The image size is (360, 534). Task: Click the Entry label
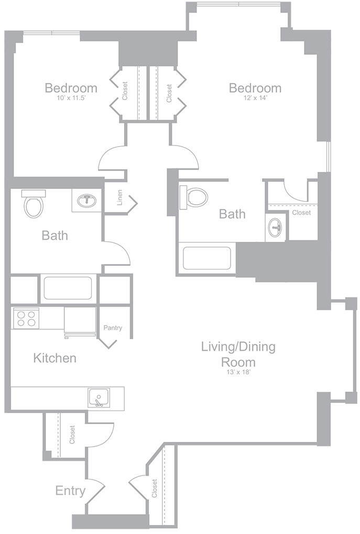click(70, 491)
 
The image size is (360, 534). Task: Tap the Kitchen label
click(55, 358)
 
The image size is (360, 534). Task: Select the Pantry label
click(113, 328)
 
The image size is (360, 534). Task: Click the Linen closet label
click(119, 197)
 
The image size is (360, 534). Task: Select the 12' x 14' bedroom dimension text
click(255, 98)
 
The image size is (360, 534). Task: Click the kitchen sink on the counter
click(98, 398)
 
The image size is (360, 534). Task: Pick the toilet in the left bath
click(34, 205)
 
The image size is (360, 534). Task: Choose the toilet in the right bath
click(197, 197)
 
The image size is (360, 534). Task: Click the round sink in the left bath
click(86, 201)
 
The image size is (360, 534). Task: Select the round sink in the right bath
click(275, 227)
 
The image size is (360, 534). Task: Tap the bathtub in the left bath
click(68, 288)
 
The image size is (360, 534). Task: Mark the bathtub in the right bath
click(206, 258)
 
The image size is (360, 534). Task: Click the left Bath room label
click(55, 236)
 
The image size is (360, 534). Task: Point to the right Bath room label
click(232, 214)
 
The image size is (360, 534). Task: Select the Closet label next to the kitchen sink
click(72, 435)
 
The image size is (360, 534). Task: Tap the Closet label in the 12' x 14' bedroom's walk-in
click(301, 213)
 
